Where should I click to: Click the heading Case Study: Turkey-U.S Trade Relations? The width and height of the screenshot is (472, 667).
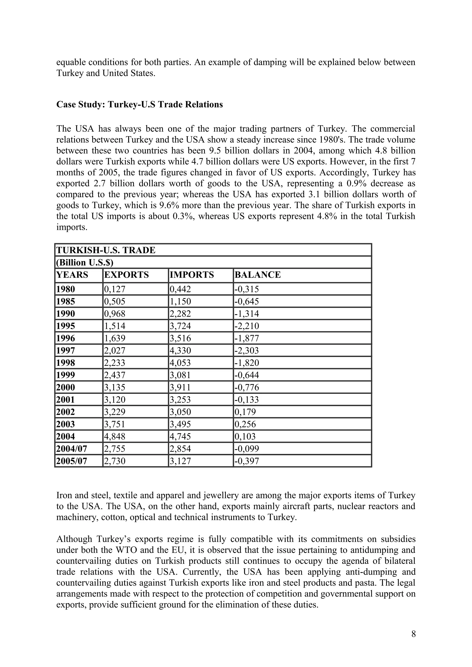[140, 104]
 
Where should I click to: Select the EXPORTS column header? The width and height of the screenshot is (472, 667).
[126, 275]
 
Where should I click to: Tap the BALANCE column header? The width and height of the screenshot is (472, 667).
[257, 275]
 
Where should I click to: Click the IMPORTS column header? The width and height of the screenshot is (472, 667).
[192, 275]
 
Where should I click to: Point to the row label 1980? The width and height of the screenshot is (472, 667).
[65, 289]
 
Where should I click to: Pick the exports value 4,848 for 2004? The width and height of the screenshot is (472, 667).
[115, 436]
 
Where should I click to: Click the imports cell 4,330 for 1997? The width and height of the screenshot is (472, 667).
[180, 351]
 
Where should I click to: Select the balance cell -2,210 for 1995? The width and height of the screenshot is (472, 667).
[246, 326]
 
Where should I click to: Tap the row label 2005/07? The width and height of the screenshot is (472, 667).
[71, 461]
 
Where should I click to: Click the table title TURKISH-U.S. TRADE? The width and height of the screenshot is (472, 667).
[106, 250]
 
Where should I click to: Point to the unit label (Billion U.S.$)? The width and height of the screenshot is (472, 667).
[84, 263]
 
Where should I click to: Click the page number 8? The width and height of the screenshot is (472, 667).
[413, 634]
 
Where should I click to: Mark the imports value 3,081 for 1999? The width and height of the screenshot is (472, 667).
[180, 375]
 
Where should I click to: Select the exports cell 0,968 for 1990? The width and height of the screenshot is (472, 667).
[115, 314]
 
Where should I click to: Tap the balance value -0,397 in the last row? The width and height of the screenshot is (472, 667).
[246, 461]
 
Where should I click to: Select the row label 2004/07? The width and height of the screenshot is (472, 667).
[71, 449]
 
